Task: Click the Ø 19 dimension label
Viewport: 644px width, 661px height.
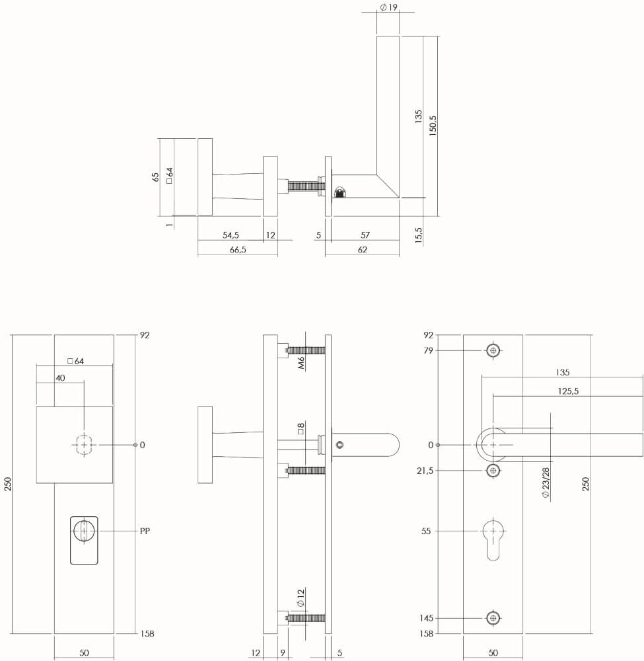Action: (388, 7)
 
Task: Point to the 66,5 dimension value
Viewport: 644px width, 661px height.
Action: (238, 250)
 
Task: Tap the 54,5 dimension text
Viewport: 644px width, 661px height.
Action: (231, 235)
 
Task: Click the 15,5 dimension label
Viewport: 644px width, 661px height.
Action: (419, 235)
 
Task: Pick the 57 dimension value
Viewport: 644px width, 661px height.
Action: (365, 235)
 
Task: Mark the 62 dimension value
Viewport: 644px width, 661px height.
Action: (362, 250)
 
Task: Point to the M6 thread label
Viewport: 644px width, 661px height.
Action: (300, 362)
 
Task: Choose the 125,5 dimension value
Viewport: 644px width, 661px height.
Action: (568, 391)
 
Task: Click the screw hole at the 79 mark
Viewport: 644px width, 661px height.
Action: (493, 350)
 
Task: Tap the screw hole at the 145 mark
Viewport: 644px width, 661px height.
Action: (493, 618)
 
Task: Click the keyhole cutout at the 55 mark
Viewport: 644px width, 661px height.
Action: (493, 537)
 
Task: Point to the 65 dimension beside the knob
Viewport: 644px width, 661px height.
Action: (156, 176)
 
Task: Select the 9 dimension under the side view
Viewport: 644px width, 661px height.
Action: (283, 653)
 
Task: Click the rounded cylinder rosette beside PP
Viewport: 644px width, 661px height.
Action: (84, 539)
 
